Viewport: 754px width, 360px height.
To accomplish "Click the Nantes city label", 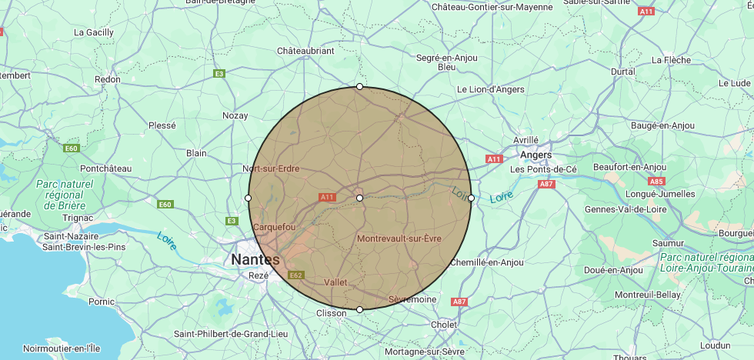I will [255, 260].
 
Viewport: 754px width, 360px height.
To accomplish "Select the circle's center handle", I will [359, 198].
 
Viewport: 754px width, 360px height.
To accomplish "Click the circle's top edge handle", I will [359, 86].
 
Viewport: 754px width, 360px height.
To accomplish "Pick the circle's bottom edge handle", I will [359, 310].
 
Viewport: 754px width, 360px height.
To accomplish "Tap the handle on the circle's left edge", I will [248, 198].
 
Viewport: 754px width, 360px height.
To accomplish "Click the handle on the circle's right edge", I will [471, 198].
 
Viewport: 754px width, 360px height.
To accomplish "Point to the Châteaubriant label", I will [305, 51].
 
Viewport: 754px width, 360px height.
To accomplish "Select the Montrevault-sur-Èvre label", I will [399, 238].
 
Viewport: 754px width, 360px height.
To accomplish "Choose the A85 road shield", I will [656, 182].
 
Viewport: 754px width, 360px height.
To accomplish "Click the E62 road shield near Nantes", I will [296, 275].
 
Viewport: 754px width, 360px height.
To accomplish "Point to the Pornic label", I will [102, 302].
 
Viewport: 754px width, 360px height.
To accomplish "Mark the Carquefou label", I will [274, 227].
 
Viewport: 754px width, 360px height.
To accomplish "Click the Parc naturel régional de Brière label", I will [65, 195].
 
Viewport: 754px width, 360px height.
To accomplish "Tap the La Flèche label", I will [671, 59].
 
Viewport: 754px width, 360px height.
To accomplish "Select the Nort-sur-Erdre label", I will [271, 168].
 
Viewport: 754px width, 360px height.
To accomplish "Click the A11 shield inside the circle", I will [327, 198].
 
